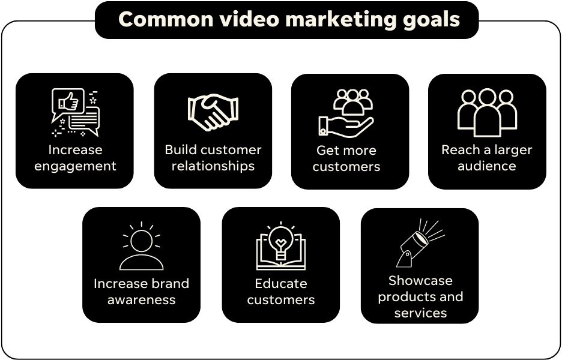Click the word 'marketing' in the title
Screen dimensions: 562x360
coord(341,20)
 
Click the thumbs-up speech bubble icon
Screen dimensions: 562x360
coord(75,112)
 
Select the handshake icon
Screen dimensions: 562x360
coord(213,112)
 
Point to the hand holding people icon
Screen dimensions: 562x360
coord(346,113)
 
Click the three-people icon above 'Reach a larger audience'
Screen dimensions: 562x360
coord(487,112)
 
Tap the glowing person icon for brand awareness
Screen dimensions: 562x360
coord(141,246)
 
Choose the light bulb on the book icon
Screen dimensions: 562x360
coord(281,246)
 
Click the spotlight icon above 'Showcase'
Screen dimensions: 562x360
coord(420,243)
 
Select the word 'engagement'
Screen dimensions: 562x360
coord(75,166)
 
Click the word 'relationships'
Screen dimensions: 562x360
coord(213,166)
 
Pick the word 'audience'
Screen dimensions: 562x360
coord(487,166)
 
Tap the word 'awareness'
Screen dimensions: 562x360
coord(141,299)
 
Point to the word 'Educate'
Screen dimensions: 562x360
coord(281,283)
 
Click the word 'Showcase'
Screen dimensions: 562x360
coord(420,280)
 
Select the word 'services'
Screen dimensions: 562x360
coord(420,313)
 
